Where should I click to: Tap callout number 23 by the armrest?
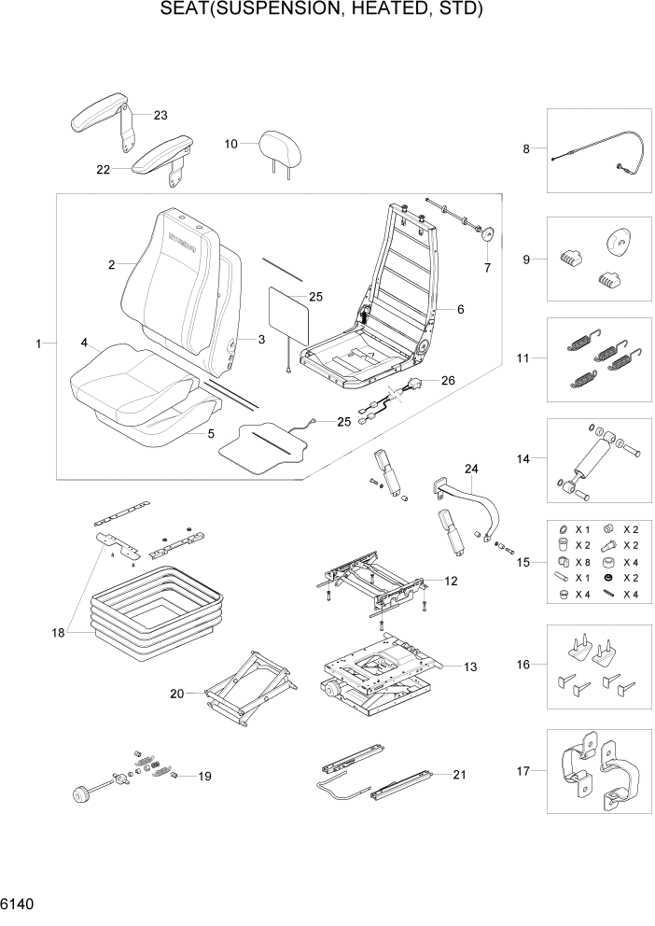tap(160, 116)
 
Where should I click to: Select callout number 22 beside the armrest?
tap(103, 170)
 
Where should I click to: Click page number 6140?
tap(18, 905)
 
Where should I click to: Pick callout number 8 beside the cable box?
tap(526, 148)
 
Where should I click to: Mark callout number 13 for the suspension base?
tap(470, 666)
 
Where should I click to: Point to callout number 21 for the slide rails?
tap(458, 775)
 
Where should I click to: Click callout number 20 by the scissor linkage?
tap(177, 693)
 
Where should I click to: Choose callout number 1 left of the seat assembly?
tap(39, 344)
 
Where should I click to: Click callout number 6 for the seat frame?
tap(459, 309)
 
